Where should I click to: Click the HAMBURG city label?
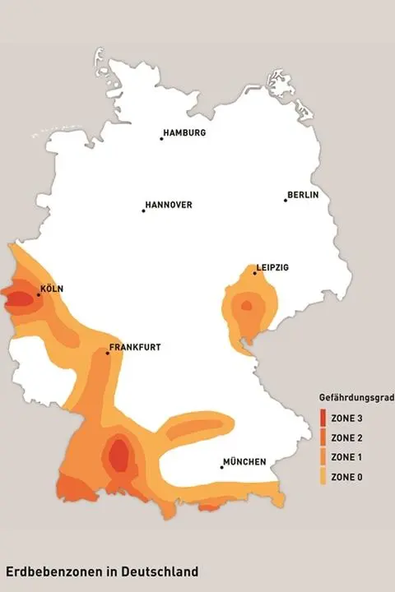[185, 132]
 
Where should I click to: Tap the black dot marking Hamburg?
[161, 138]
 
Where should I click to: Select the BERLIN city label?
[303, 195]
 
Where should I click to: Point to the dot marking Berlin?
[286, 200]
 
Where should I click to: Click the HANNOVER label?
[169, 205]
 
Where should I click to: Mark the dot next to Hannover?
[143, 210]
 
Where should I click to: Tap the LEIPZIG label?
[272, 267]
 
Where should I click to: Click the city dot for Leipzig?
[254, 273]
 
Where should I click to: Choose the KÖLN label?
[52, 289]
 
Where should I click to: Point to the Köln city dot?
[38, 294]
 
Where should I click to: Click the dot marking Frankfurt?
[108, 353]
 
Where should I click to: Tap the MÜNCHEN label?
[245, 461]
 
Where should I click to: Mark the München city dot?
[221, 467]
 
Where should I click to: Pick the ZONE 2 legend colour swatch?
[322, 438]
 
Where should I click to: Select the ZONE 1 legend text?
[346, 457]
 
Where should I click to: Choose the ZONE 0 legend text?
[346, 477]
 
